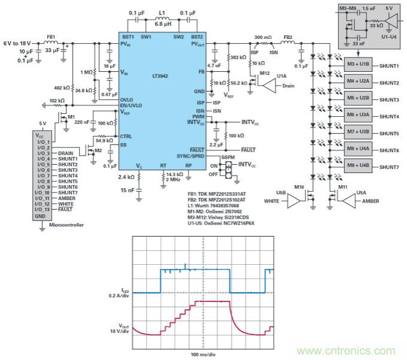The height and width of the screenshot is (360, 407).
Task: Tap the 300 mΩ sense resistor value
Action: pos(263,36)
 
